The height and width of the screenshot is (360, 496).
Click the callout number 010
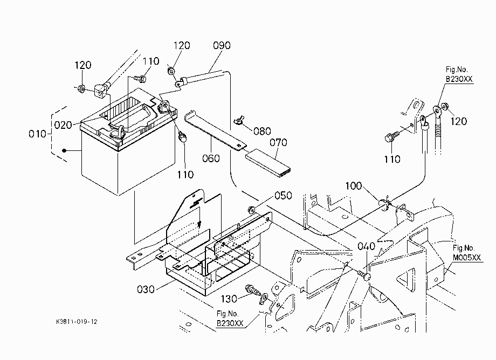point(37,134)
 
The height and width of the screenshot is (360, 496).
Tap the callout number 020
point(63,125)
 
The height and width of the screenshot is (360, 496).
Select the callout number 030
point(146,289)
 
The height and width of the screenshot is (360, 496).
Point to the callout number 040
point(366,246)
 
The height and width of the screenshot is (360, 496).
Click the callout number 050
point(283,196)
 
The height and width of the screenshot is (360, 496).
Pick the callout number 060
point(211,158)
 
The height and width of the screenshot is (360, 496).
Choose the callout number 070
point(278,143)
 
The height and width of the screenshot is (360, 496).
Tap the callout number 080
point(262,131)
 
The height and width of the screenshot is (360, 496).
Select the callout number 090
point(222,45)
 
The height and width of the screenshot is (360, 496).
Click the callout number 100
point(353,186)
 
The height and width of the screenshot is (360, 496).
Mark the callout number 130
point(229,299)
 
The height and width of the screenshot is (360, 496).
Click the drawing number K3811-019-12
point(77,322)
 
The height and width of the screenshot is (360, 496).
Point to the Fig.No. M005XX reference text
point(466,253)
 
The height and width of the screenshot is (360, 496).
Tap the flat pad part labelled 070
point(268,163)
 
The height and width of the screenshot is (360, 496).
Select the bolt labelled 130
point(252,289)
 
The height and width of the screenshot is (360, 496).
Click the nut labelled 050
point(252,209)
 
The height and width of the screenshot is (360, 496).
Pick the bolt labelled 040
point(364,275)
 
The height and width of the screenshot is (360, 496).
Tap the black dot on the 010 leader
point(64,150)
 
